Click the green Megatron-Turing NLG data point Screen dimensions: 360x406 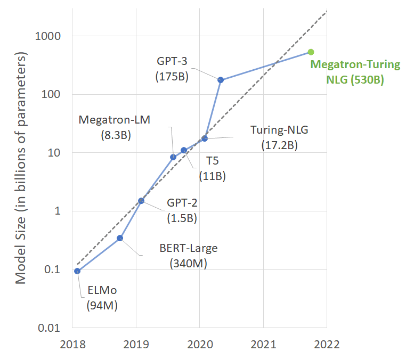click(311, 52)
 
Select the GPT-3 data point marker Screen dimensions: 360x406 click(221, 80)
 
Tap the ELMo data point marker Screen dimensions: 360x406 click(77, 271)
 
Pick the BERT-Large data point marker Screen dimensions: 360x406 click(120, 238)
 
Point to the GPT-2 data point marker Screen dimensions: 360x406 click(141, 201)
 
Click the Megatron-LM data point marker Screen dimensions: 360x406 click(173, 157)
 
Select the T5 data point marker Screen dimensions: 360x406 click(184, 150)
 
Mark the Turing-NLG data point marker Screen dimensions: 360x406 click(205, 138)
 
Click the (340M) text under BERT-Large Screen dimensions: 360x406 click(189, 263)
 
